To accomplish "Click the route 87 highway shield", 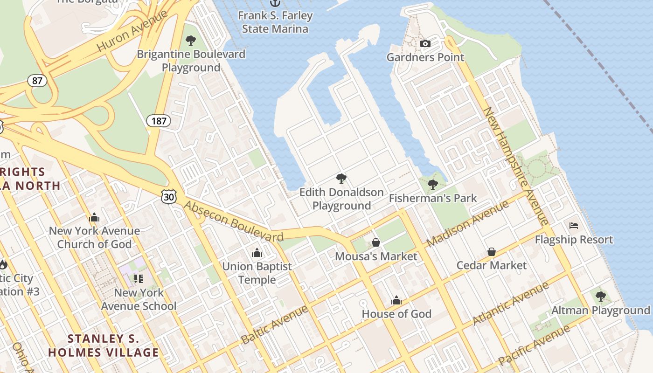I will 37,81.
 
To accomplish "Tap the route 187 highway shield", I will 159,121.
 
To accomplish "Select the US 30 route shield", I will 169,197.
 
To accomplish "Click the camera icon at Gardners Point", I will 425,44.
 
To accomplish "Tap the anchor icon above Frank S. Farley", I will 275,3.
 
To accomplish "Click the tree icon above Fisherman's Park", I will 433,185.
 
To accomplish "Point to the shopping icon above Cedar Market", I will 492,252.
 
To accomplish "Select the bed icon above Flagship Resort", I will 574,226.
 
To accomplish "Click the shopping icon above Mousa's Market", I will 376,243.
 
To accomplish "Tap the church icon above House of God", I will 396,300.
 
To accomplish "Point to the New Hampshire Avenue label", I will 516,166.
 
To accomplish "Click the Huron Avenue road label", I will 132,31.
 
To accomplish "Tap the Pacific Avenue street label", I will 534,345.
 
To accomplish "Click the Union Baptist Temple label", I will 257,273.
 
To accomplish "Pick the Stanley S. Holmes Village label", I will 104,345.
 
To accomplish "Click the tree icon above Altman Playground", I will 601,296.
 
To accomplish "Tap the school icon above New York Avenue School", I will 139,279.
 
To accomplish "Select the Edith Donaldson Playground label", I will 341,199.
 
